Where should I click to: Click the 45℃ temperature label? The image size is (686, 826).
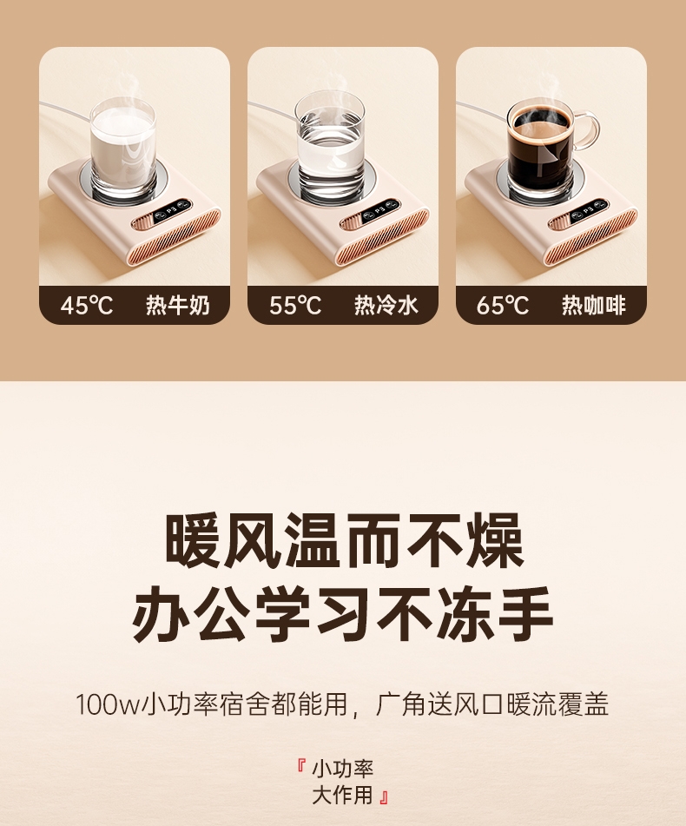(86, 305)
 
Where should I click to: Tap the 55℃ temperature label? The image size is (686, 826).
(295, 305)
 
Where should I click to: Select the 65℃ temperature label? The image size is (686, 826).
(503, 305)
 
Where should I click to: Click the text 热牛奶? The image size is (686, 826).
(178, 305)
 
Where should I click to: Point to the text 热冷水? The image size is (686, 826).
(386, 305)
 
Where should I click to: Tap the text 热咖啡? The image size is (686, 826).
(594, 305)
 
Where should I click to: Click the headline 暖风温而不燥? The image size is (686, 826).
(344, 540)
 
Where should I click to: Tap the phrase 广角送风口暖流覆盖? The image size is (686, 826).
(491, 704)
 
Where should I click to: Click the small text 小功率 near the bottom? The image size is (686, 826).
(343, 769)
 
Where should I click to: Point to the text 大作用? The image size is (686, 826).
(343, 795)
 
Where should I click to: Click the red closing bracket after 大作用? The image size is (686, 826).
(383, 796)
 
